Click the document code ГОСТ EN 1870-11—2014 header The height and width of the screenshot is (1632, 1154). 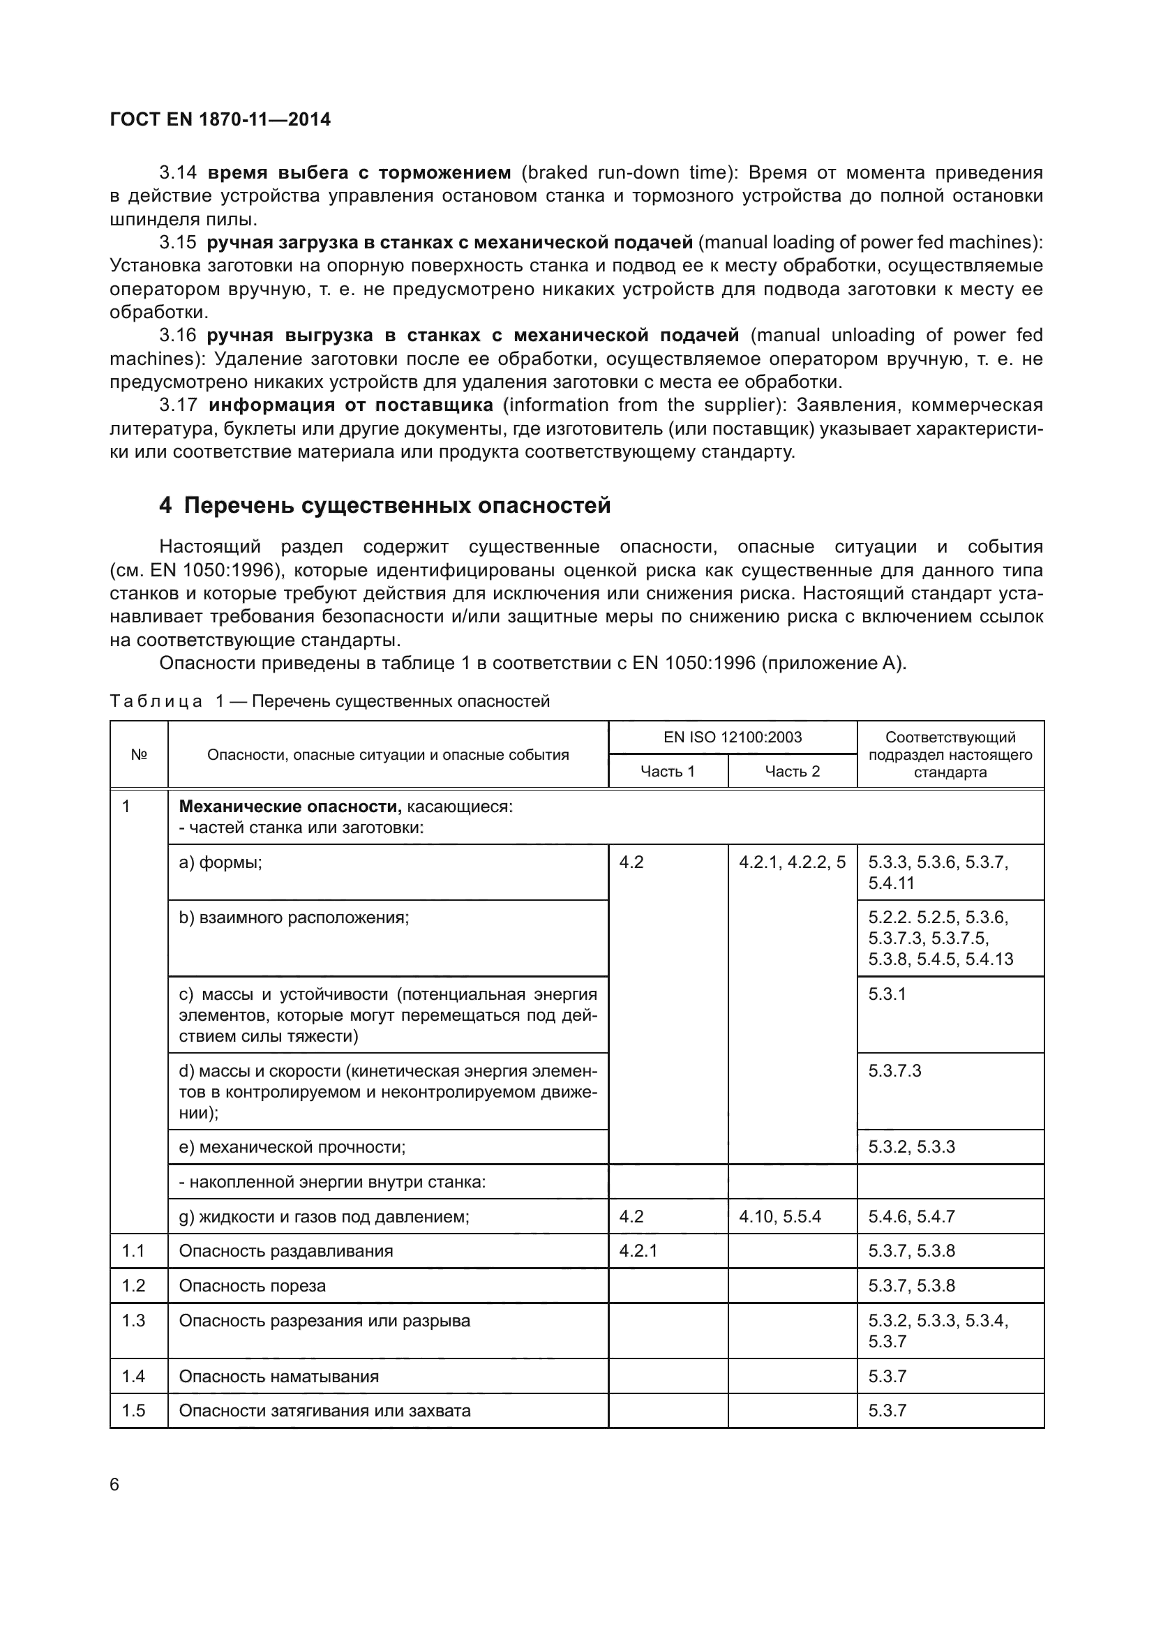click(220, 119)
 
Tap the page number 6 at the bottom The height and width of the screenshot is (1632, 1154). click(115, 1484)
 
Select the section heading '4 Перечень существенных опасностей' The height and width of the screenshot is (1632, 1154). click(384, 505)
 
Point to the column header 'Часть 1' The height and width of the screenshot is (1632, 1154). click(667, 771)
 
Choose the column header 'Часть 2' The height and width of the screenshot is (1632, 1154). click(793, 771)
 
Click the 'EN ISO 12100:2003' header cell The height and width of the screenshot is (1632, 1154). click(732, 737)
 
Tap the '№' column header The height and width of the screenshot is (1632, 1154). click(139, 754)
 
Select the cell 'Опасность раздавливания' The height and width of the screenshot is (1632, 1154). click(285, 1251)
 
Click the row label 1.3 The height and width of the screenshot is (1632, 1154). click(133, 1321)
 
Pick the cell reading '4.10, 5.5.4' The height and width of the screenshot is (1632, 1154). click(779, 1216)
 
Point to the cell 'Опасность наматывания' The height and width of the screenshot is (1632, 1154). click(278, 1376)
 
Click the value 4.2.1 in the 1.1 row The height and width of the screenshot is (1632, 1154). click(638, 1251)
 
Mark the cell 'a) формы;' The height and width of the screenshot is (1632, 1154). click(220, 862)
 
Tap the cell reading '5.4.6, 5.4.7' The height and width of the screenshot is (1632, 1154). click(911, 1216)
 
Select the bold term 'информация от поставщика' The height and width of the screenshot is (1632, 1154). click(351, 405)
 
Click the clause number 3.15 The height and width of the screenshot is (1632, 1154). click(178, 242)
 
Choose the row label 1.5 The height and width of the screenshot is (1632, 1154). click(133, 1410)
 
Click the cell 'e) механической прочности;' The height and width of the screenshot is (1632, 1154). click(292, 1146)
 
